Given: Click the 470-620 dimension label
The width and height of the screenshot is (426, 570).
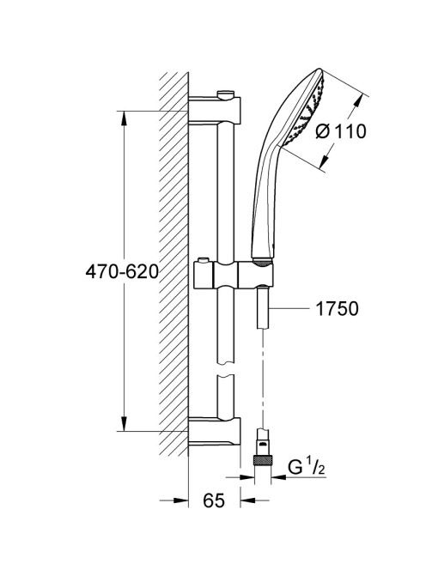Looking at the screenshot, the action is pyautogui.click(x=122, y=271).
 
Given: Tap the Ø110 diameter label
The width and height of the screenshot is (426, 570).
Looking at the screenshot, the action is pyautogui.click(x=340, y=131).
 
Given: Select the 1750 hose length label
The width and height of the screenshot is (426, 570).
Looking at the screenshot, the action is pyautogui.click(x=337, y=309).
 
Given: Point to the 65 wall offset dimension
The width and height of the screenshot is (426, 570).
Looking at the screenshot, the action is pyautogui.click(x=214, y=501).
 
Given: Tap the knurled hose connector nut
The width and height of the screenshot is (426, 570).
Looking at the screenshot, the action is pyautogui.click(x=263, y=461).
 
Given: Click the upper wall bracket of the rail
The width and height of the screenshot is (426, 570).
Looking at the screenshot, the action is pyautogui.click(x=215, y=110).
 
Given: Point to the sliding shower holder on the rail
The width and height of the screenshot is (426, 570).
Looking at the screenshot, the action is pyautogui.click(x=234, y=275).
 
